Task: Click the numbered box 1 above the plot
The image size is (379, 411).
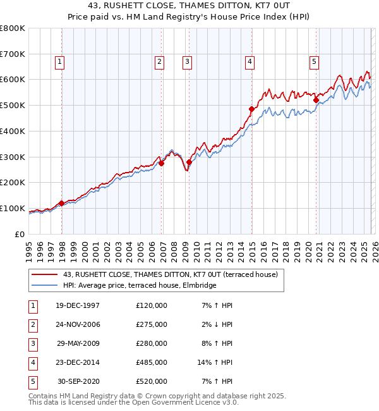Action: (x=59, y=61)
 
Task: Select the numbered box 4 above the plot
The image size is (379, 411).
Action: (x=250, y=61)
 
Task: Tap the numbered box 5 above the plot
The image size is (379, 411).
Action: (x=314, y=61)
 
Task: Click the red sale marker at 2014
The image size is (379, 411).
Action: (x=251, y=109)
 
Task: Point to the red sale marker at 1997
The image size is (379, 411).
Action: (x=62, y=203)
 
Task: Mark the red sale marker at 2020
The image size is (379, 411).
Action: (x=316, y=99)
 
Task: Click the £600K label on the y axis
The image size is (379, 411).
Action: (x=13, y=80)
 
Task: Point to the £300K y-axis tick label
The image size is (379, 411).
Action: (x=13, y=157)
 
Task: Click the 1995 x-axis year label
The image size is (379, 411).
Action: (x=29, y=247)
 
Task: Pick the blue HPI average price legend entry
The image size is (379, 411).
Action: (x=140, y=286)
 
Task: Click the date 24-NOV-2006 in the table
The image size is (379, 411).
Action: (x=78, y=324)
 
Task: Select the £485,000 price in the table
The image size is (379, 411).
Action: (x=152, y=362)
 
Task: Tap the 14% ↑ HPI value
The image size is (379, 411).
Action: (x=215, y=362)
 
